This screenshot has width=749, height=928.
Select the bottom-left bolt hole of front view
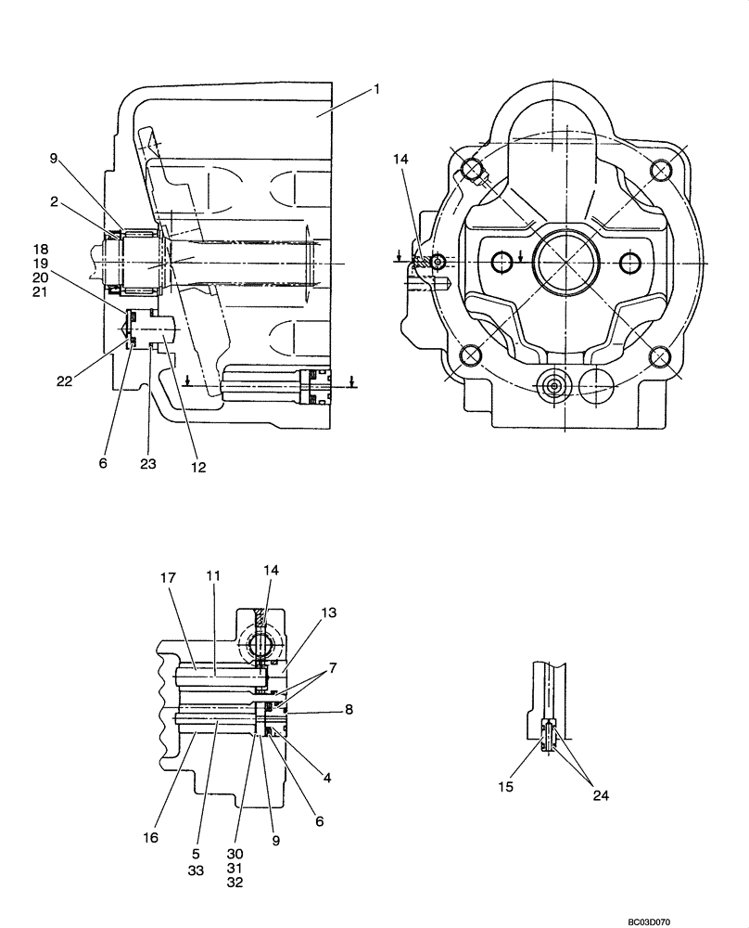click(x=471, y=354)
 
